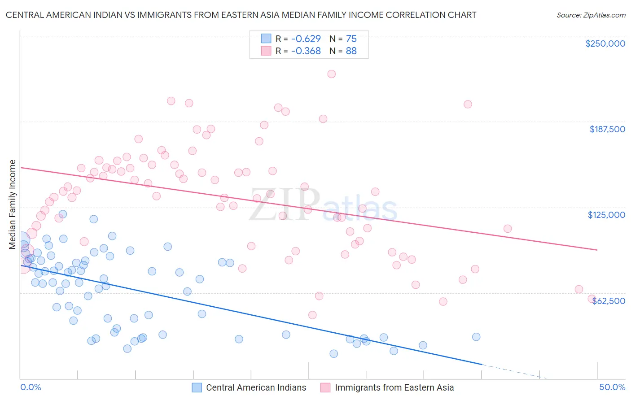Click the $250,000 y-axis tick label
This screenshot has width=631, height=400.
click(605, 43)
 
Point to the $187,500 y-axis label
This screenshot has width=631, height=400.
click(607, 129)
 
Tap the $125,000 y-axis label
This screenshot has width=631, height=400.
click(606, 215)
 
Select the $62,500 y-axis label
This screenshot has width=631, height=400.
click(608, 301)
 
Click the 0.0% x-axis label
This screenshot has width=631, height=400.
click(31, 387)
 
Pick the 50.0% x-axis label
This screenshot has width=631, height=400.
click(612, 387)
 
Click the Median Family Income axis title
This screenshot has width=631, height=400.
click(13, 204)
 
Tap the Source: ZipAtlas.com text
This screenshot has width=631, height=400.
click(591, 15)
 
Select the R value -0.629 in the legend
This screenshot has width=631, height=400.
click(306, 39)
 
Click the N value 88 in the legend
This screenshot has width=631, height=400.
click(351, 51)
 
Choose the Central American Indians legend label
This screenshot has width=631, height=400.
click(256, 387)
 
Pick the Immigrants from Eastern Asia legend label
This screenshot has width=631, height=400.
click(394, 387)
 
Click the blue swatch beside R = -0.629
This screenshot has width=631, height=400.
click(266, 39)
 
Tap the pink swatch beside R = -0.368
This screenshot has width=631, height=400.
click(266, 51)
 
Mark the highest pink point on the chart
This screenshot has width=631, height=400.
click(331, 74)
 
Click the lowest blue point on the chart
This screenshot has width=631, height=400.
click(333, 353)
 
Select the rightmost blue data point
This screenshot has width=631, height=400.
click(476, 337)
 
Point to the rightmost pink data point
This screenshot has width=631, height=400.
click(592, 299)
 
